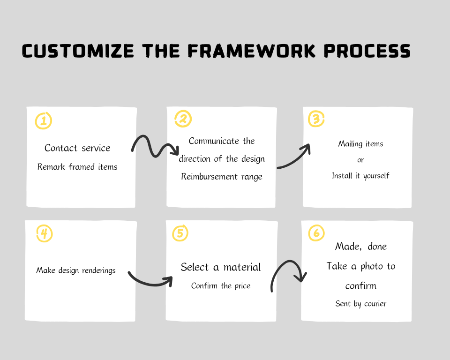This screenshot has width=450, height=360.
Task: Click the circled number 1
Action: point(44,120)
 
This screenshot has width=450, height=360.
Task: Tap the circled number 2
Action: point(183,119)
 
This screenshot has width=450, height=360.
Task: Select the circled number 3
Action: point(316,119)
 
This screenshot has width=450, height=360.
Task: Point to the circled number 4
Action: point(45,233)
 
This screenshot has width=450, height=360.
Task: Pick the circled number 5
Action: point(180,233)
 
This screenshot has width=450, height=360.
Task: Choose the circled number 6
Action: point(316,232)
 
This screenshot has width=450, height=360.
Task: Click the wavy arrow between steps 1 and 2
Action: point(155,155)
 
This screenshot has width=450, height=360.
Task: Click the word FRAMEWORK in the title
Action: point(252,51)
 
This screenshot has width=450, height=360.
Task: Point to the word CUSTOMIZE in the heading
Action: point(78,51)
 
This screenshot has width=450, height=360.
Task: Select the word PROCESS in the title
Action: point(367,51)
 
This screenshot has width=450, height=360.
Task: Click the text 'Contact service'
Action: point(77,148)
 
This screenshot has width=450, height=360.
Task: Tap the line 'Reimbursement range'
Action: point(222,177)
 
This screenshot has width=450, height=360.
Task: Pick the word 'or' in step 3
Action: point(360,160)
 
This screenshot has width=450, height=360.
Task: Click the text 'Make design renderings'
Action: point(76,270)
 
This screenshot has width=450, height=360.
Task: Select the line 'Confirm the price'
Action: point(221,286)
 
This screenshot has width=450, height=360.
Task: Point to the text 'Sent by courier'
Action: point(361,304)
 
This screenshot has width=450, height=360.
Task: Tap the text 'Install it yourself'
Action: point(360,176)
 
